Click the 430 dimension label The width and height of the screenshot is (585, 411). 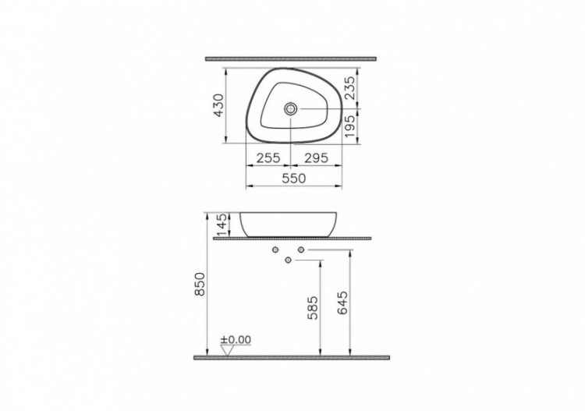(219, 105)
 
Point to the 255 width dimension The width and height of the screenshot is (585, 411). (268, 158)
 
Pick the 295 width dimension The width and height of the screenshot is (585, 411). (314, 158)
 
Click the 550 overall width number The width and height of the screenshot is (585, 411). (293, 179)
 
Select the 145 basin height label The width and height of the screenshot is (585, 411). (221, 224)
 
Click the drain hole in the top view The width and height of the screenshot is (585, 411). (292, 109)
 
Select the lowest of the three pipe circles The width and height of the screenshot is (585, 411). (288, 260)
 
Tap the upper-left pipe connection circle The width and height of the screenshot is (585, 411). (275, 250)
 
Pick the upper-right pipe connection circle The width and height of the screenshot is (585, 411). (301, 250)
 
